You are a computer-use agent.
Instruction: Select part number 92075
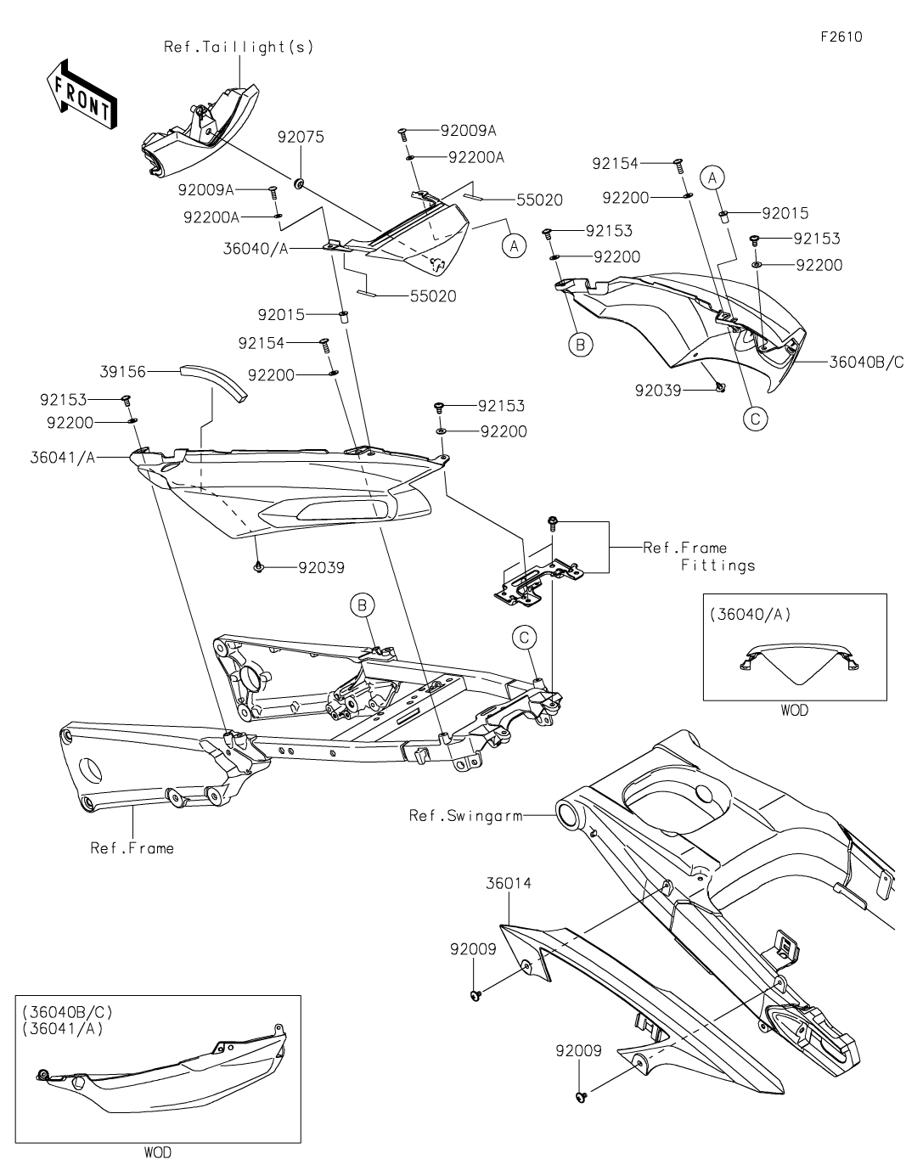(301, 137)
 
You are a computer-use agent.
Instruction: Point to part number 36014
(509, 883)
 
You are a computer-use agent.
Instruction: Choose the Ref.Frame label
(132, 847)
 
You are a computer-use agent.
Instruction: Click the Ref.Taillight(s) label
(239, 48)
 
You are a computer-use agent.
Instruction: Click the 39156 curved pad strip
(212, 381)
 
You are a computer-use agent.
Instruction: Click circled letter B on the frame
(362, 605)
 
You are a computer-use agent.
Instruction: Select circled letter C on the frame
(524, 636)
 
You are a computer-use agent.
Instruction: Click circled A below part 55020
(512, 246)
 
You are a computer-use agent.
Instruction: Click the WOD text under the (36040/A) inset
(795, 710)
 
